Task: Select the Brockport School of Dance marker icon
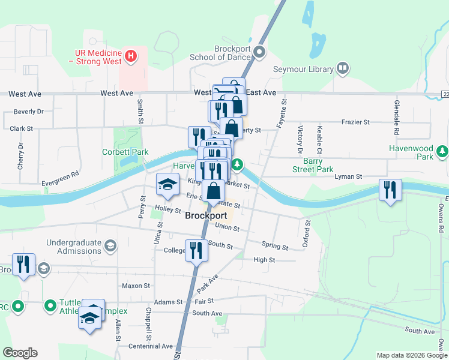[260, 52]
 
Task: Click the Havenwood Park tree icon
[442, 151]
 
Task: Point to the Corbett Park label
[125, 152]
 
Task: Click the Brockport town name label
[206, 215]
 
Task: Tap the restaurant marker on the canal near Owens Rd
[390, 191]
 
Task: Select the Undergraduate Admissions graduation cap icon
[110, 245]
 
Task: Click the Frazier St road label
[357, 122]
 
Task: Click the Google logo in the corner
[20, 353]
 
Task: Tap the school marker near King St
[168, 185]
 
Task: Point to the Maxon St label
[136, 286]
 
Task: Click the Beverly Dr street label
[29, 112]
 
